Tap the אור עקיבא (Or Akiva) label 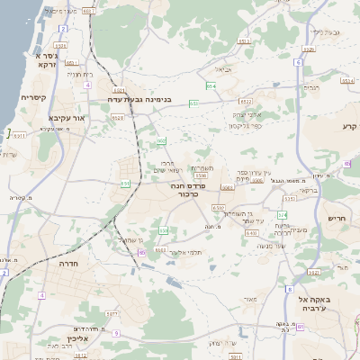tap(66, 118)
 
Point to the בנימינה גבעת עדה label tap(139, 100)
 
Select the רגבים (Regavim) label tap(312, 87)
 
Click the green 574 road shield tap(281, 214)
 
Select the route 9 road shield tap(116, 333)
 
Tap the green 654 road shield tap(211, 86)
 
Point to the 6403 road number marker tap(251, 232)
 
